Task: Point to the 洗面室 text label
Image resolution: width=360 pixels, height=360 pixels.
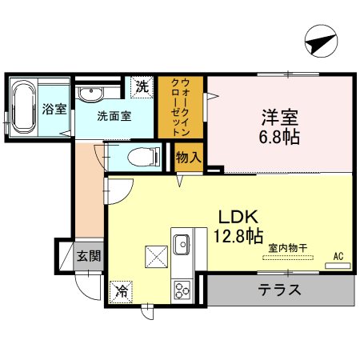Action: click(x=114, y=114)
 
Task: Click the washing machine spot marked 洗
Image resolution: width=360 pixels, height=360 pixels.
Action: click(x=142, y=86)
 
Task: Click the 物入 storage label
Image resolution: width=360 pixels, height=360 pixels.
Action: click(x=187, y=158)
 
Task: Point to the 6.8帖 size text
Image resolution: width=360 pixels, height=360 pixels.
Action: click(x=280, y=137)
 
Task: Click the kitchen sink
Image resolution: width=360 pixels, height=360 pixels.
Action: click(x=180, y=242)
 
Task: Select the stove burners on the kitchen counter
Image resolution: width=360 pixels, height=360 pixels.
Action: click(x=181, y=287)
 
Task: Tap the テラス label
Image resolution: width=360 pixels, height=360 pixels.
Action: click(x=279, y=290)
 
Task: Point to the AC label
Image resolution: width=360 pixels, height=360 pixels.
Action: click(x=338, y=255)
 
